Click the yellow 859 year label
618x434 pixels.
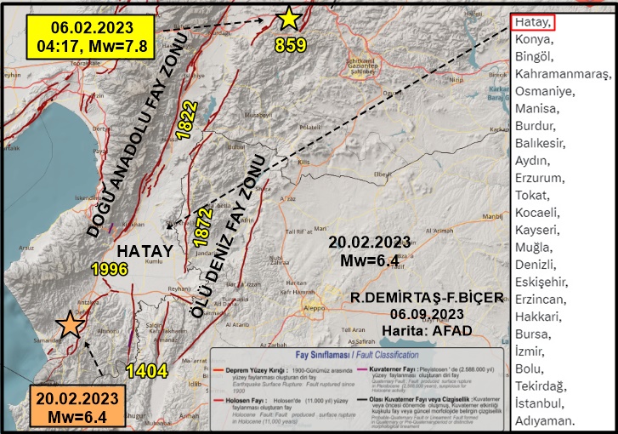tap(290, 45)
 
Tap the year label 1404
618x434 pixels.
tap(147, 369)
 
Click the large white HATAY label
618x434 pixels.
tap(145, 251)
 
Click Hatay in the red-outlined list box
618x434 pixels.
tap(535, 22)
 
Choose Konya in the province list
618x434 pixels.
tap(534, 39)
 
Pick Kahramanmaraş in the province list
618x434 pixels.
tap(562, 74)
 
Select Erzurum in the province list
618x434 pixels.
tap(539, 178)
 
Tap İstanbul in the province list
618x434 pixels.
tap(540, 403)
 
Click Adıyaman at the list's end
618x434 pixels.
tap(545, 420)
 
